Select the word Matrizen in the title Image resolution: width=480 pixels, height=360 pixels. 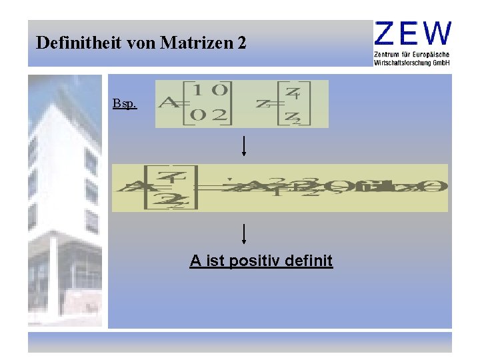click(194, 43)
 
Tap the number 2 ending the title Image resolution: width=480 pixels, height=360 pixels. click(241, 43)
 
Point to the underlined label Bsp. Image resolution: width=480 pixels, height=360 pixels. click(125, 104)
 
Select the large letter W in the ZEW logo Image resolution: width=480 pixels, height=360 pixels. click(438, 33)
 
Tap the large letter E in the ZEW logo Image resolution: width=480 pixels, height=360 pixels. click(412, 33)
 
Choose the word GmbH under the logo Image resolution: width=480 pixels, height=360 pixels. click(442, 62)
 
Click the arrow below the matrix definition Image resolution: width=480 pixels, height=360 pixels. click(244, 145)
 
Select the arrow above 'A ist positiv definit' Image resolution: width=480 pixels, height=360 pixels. click(245, 233)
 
